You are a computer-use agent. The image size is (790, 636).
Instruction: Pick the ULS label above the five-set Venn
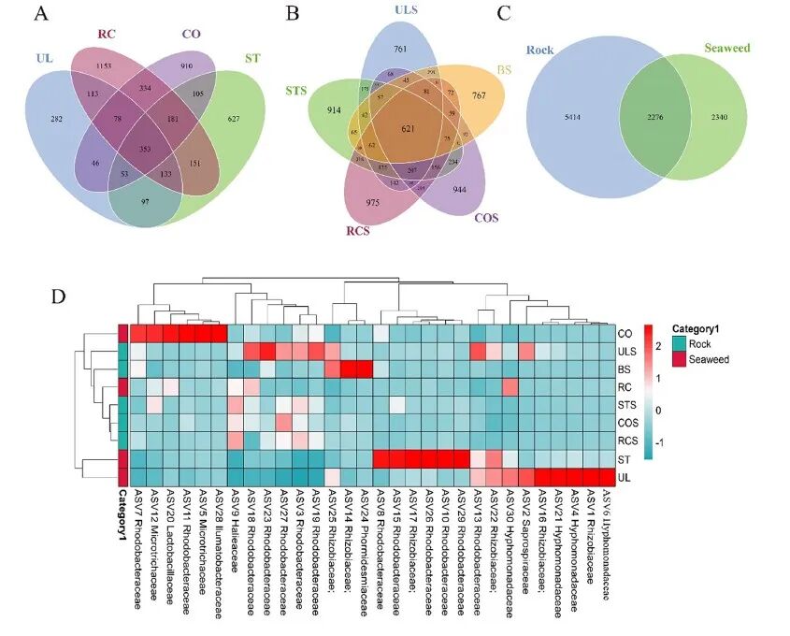[407, 10]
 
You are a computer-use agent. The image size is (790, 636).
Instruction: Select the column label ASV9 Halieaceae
[237, 524]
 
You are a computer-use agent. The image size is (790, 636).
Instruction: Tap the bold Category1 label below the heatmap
[122, 525]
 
